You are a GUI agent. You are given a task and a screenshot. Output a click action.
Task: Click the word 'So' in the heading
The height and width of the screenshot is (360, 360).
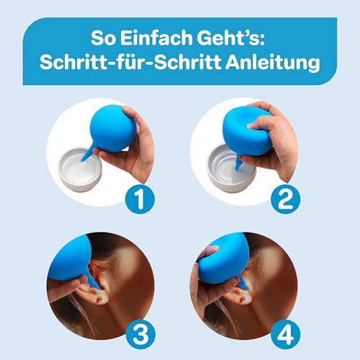click(107, 35)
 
